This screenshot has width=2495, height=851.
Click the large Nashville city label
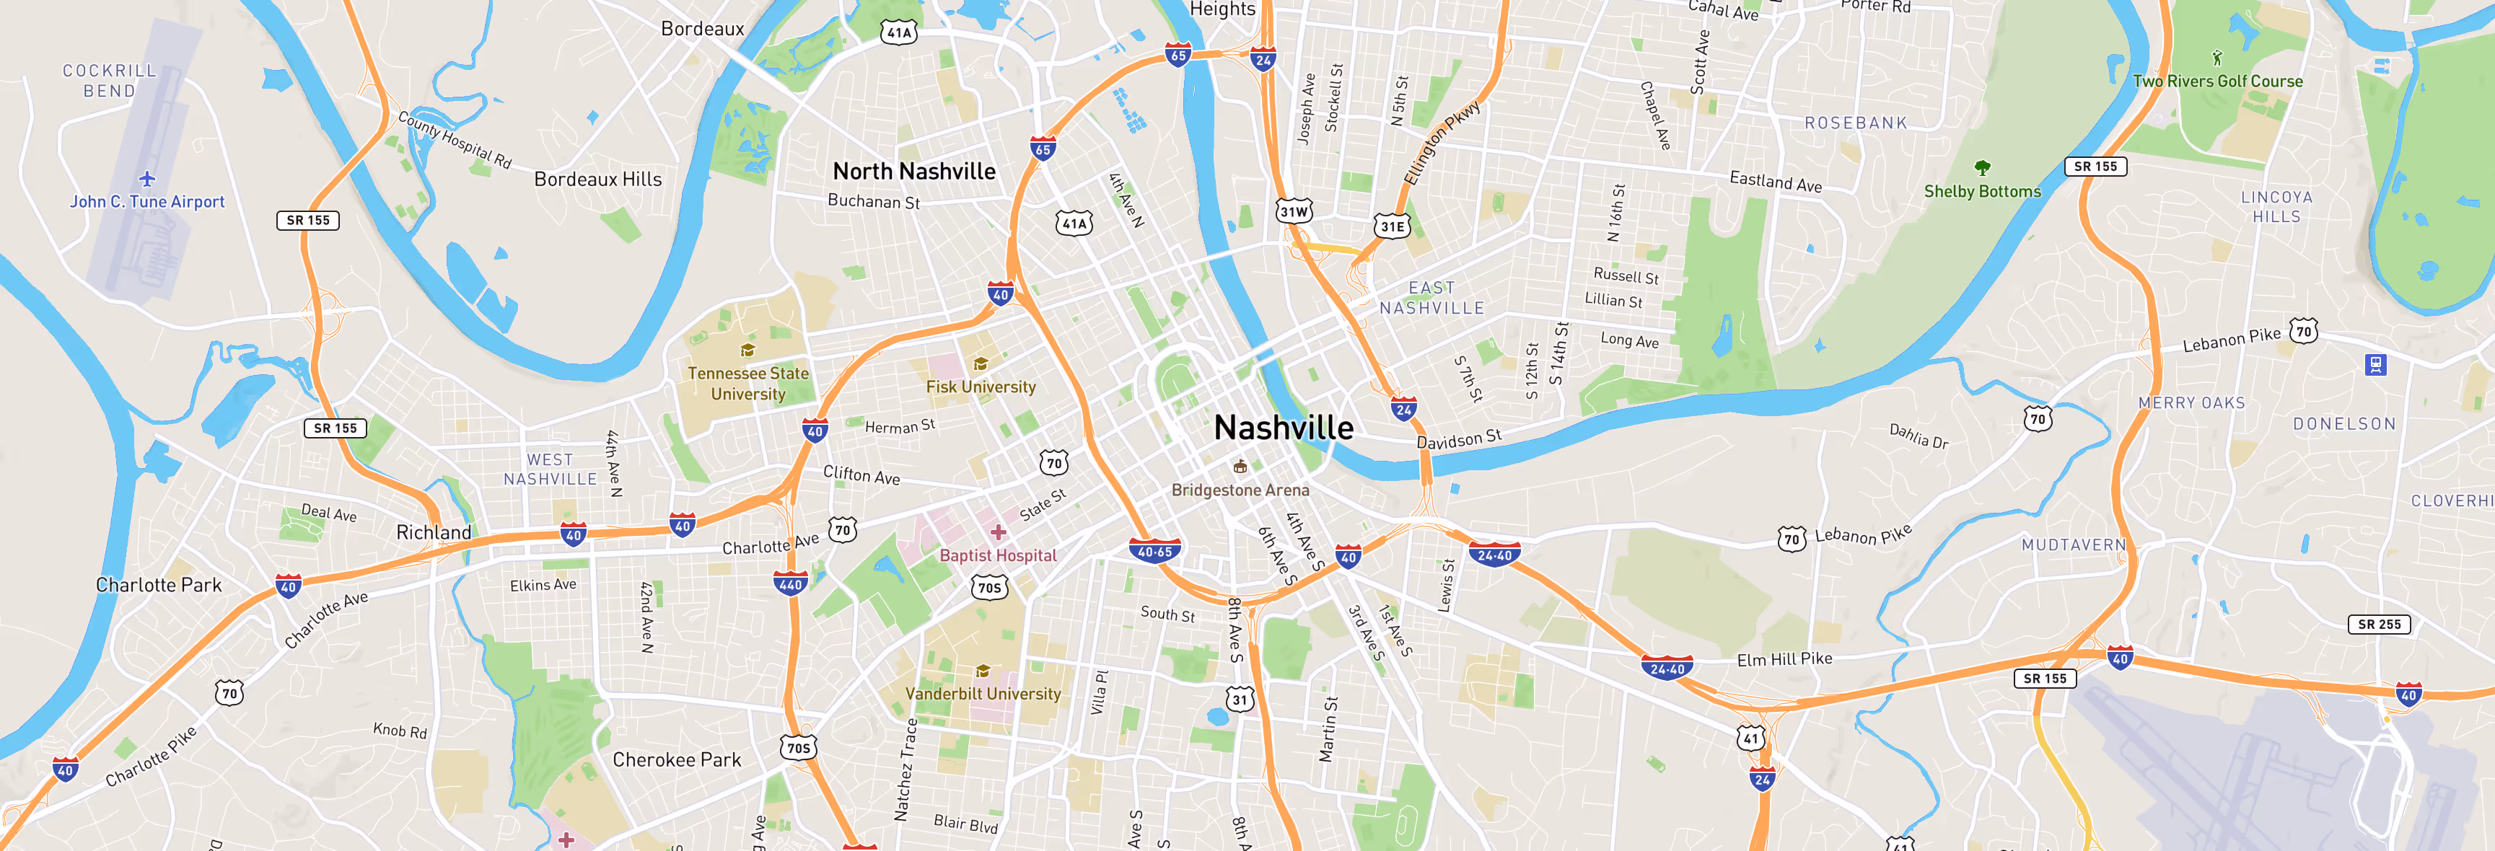pyautogui.click(x=1284, y=427)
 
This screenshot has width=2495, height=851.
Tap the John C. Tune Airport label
pyautogui.click(x=147, y=201)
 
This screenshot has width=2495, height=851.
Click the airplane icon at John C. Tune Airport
pyautogui.click(x=147, y=179)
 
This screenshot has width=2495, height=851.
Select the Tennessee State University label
pyautogui.click(x=747, y=384)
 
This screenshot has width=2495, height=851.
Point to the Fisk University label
pyautogui.click(x=980, y=387)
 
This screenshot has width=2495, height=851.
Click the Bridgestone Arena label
pyautogui.click(x=1240, y=490)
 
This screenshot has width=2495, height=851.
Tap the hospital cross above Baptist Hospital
pyautogui.click(x=999, y=532)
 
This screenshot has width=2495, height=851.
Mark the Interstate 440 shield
pyautogui.click(x=790, y=583)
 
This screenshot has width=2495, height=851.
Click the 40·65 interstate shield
pyautogui.click(x=1154, y=552)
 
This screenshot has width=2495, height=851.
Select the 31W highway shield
pyautogui.click(x=1294, y=211)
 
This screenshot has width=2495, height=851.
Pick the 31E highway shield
pyautogui.click(x=1392, y=226)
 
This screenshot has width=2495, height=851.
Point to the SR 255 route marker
pyautogui.click(x=2379, y=625)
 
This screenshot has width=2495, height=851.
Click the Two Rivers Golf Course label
pyautogui.click(x=2217, y=81)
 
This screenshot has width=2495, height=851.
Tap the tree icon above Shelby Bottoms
pyautogui.click(x=1983, y=167)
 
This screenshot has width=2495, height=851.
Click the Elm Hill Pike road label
pyautogui.click(x=1784, y=659)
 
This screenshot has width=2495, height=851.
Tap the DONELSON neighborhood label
pyautogui.click(x=2344, y=424)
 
